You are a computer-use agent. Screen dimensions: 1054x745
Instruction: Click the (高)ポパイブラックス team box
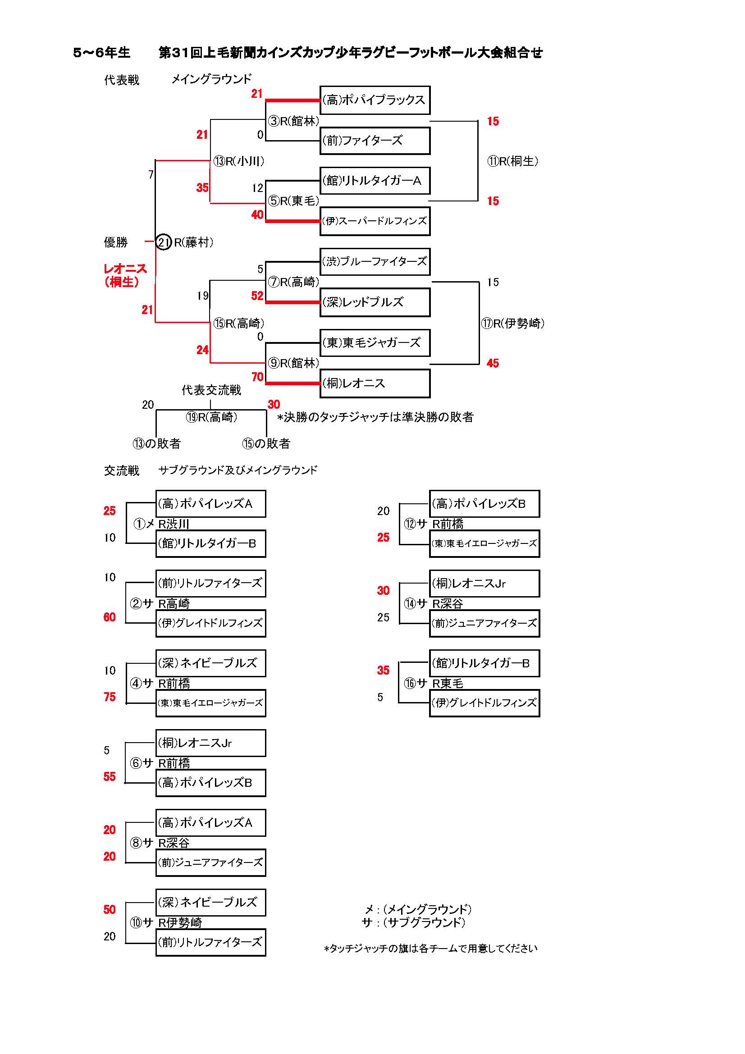click(x=375, y=100)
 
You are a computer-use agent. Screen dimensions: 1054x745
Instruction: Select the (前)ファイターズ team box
click(x=375, y=141)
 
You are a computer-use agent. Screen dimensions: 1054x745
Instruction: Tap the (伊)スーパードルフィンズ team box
click(x=375, y=221)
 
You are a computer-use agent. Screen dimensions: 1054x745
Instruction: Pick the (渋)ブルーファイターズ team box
click(x=375, y=262)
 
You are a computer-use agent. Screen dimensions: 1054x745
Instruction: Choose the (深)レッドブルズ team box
click(x=375, y=302)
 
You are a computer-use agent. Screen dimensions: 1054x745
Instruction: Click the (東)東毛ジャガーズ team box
click(x=375, y=342)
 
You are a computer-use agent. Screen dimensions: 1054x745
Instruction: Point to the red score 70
click(x=257, y=377)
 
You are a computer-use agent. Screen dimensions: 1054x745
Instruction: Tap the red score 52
click(x=257, y=296)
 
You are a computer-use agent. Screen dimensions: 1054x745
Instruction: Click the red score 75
click(x=110, y=697)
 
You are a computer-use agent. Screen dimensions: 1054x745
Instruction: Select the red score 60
click(x=110, y=617)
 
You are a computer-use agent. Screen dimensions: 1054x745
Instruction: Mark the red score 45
click(x=493, y=363)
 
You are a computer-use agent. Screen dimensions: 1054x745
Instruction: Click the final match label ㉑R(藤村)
click(x=184, y=242)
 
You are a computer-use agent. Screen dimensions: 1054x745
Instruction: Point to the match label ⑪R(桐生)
click(x=513, y=161)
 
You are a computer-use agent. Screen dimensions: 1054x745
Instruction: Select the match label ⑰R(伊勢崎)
click(x=513, y=323)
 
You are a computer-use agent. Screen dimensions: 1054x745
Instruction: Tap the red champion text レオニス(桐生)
click(x=124, y=275)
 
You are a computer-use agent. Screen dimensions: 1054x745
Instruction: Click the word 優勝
click(x=116, y=242)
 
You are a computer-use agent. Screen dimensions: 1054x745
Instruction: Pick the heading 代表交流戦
click(x=211, y=390)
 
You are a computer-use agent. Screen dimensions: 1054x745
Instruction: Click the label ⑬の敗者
click(x=156, y=443)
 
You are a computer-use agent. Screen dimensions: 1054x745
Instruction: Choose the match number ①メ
click(x=143, y=524)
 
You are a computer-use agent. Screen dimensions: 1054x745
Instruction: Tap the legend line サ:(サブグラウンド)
click(x=413, y=923)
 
